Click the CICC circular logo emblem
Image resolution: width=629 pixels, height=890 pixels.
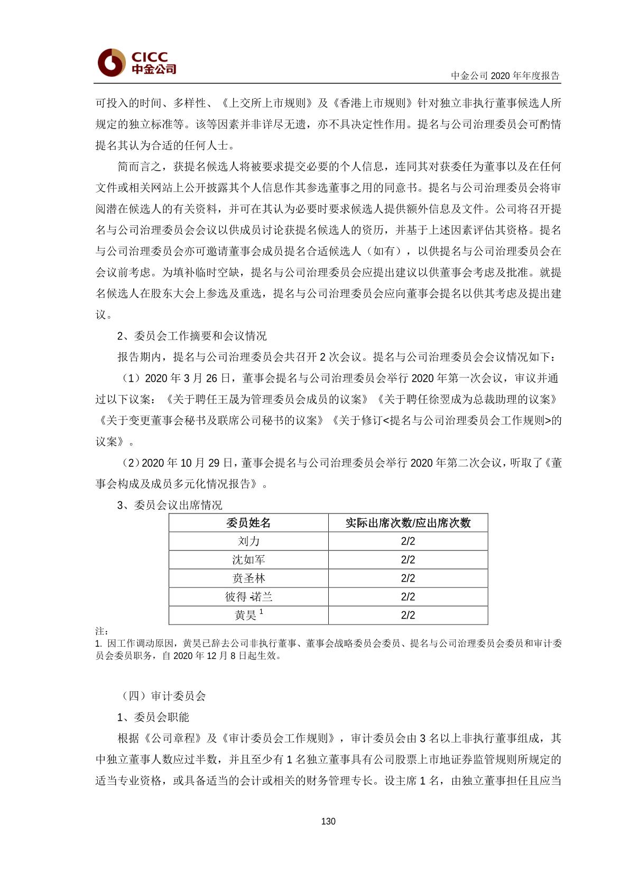(x=111, y=62)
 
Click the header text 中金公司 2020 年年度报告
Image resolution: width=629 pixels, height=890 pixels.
(x=505, y=76)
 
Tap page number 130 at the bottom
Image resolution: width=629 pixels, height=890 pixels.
(x=328, y=821)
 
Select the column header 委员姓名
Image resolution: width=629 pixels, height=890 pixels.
(x=248, y=523)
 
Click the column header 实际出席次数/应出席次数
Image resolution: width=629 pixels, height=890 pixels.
(x=408, y=523)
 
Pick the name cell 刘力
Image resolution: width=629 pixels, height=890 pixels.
(x=248, y=541)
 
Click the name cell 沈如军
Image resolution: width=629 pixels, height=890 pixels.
(x=248, y=559)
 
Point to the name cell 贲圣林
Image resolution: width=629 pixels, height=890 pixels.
(x=248, y=578)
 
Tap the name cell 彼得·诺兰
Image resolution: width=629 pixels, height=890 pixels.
(x=248, y=597)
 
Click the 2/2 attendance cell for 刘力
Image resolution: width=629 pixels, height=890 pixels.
(x=408, y=541)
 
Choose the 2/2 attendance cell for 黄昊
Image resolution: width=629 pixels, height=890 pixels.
(x=408, y=615)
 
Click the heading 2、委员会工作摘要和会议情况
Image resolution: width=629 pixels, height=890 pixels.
(x=192, y=336)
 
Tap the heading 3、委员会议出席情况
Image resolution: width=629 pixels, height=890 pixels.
(x=170, y=505)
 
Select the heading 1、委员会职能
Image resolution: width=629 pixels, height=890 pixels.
(x=153, y=717)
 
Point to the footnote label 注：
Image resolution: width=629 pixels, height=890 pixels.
(x=101, y=631)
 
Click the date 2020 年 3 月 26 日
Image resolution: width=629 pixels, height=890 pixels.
(x=188, y=378)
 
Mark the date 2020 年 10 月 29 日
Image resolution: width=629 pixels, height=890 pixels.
(x=188, y=463)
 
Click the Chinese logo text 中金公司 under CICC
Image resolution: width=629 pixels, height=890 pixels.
(x=153, y=69)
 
